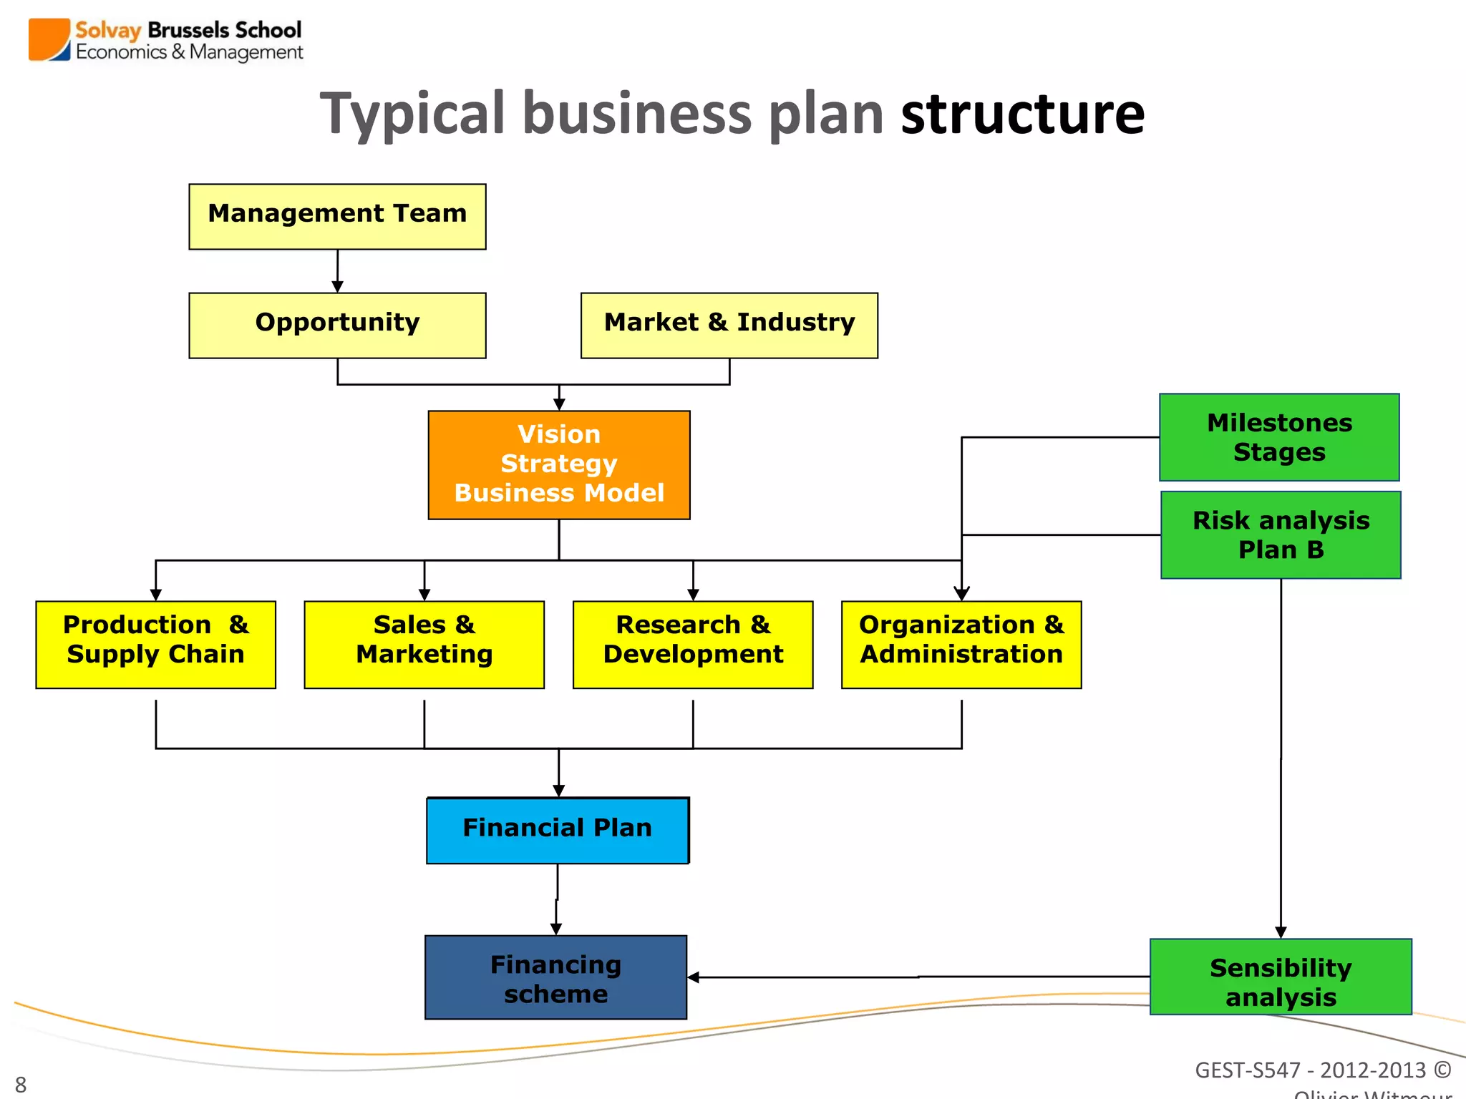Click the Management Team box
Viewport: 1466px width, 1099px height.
[337, 216]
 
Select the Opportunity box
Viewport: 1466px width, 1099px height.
[337, 325]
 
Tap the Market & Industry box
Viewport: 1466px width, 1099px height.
[729, 325]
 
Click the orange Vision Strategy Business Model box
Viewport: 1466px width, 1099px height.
[559, 464]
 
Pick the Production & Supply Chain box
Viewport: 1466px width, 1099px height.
[155, 644]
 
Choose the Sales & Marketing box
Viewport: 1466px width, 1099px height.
[424, 644]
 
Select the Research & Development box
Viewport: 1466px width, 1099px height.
[693, 644]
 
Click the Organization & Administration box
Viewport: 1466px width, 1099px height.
[961, 644]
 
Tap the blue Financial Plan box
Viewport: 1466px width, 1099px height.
[558, 830]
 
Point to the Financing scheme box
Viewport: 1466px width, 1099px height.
[555, 977]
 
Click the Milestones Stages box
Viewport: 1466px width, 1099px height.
[1279, 437]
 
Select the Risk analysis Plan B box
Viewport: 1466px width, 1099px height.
[1281, 534]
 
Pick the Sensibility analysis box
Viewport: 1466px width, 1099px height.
[1281, 977]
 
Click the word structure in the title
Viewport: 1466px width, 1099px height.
[1022, 114]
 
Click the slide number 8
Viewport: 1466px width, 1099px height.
[21, 1085]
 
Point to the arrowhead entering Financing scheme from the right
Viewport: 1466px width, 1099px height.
[693, 977]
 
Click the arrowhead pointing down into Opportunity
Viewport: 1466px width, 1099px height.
[337, 287]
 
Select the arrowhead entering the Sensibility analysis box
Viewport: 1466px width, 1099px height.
[1281, 932]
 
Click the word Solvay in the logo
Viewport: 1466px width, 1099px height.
[108, 30]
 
